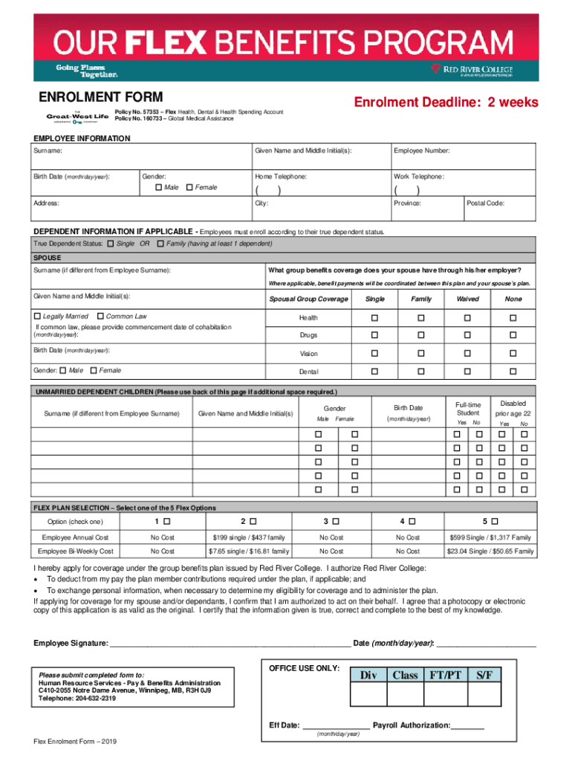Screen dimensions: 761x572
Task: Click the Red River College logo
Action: [x=472, y=70]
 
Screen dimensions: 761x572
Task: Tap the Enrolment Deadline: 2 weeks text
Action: [x=446, y=103]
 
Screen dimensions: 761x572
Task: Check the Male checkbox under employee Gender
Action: [x=159, y=187]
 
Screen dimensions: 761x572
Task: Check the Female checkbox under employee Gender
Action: [x=189, y=187]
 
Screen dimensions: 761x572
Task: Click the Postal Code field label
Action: [x=486, y=203]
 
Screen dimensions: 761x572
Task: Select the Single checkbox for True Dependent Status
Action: [x=111, y=244]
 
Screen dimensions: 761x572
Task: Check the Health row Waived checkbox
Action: [x=467, y=317]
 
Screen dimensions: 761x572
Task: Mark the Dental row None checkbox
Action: [x=513, y=371]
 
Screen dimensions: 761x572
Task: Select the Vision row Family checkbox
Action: [x=421, y=353]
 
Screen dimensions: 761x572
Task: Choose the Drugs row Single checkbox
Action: [x=375, y=335]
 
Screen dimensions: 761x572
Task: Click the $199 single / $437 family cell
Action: [x=249, y=537]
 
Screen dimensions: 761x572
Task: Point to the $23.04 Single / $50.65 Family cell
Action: [x=490, y=551]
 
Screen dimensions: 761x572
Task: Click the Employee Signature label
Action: [x=71, y=643]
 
